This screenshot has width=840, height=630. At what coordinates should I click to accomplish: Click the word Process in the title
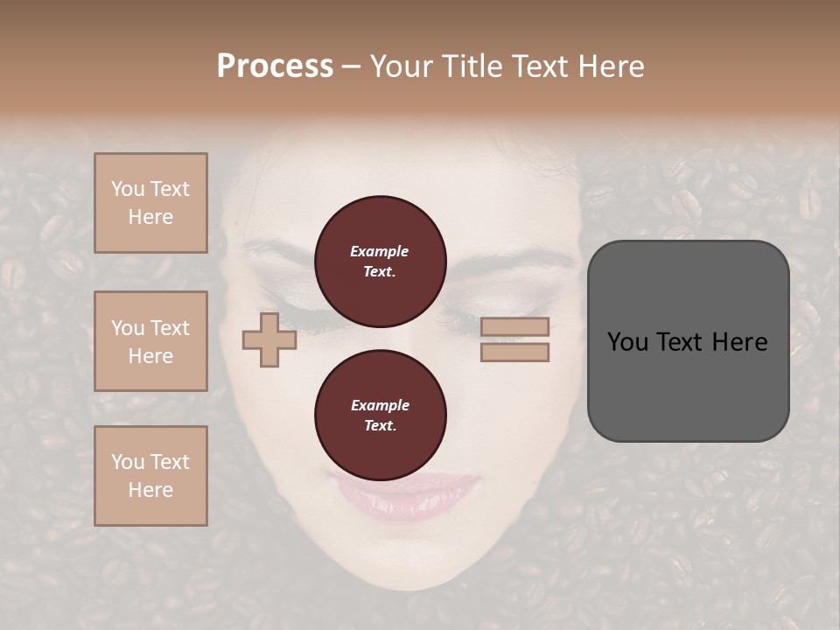click(275, 66)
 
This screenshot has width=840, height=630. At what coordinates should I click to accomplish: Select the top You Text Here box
click(150, 203)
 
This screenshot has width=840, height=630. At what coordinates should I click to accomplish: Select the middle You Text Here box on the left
click(150, 341)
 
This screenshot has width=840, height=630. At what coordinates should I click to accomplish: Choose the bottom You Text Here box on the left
click(150, 476)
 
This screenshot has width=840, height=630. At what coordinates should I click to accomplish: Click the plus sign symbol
click(269, 340)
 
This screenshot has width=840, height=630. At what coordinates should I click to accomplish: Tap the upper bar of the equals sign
click(514, 326)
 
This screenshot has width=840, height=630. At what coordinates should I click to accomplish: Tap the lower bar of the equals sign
click(514, 353)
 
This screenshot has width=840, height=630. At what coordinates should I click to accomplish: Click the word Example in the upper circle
click(380, 251)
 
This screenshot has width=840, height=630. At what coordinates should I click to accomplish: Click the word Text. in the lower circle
click(380, 426)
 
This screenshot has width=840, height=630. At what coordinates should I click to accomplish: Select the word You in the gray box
click(626, 342)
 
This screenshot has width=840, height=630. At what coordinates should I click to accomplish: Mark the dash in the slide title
click(351, 66)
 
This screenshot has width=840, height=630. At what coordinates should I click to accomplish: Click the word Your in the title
click(401, 66)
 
